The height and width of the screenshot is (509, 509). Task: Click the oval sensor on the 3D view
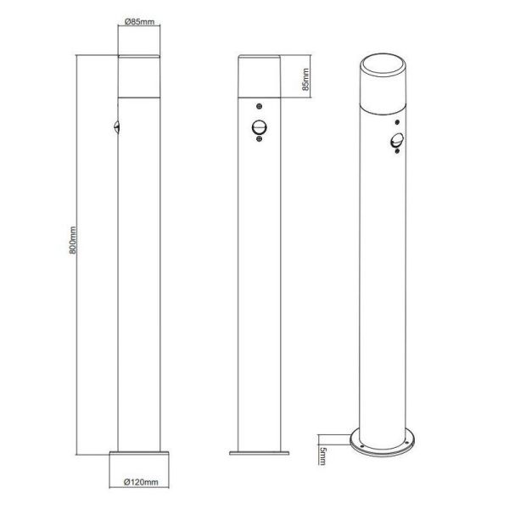(396, 142)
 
